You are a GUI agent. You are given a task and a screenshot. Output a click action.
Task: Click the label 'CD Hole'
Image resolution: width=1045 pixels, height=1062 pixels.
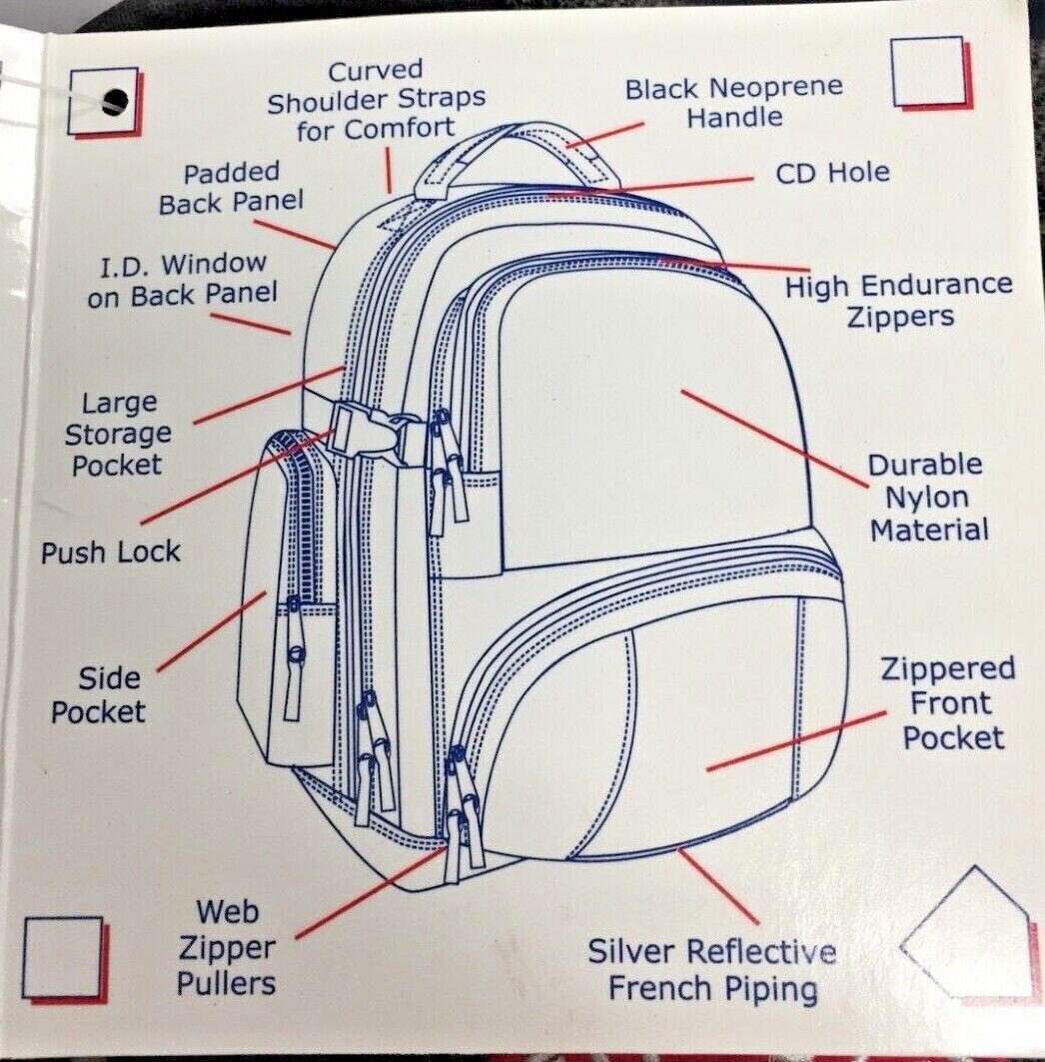(832, 173)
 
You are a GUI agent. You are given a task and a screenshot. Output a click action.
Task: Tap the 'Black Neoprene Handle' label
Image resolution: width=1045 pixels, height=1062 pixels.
(734, 103)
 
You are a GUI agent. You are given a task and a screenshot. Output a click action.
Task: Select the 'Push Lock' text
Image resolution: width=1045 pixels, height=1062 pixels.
(111, 552)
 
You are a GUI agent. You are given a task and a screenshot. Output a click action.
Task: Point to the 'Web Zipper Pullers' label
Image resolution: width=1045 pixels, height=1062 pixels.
(227, 946)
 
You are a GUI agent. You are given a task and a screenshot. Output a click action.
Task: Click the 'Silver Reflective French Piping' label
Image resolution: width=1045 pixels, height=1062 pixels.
(711, 969)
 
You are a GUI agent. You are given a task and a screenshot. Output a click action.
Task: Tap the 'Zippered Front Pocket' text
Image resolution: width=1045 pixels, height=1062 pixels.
(947, 703)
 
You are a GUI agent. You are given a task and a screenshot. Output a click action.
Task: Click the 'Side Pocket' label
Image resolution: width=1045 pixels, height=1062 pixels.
(99, 696)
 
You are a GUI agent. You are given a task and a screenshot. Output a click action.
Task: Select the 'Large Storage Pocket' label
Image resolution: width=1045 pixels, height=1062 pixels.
(117, 434)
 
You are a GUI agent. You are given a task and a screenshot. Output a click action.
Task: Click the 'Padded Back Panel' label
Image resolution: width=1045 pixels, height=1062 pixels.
(231, 188)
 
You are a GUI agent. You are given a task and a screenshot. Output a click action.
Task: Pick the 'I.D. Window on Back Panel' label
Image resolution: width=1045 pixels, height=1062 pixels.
(182, 280)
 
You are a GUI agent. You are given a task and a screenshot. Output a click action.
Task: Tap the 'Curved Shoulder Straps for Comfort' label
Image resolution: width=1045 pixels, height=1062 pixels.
(377, 99)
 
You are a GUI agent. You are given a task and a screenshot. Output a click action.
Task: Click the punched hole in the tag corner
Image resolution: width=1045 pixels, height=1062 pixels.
(116, 100)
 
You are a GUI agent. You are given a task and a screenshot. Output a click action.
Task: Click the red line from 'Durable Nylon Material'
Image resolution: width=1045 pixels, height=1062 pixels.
(774, 438)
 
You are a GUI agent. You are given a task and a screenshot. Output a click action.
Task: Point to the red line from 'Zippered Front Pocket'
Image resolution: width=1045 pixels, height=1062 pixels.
(796, 741)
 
